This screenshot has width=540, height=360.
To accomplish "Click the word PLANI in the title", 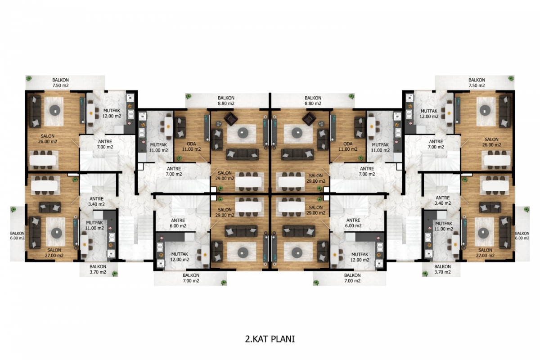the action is click(283, 339).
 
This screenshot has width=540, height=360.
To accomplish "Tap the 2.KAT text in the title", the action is click(257, 339).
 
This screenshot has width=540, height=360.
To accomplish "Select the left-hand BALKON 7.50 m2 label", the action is click(60, 82).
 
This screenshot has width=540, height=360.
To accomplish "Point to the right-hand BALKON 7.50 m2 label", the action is click(477, 82).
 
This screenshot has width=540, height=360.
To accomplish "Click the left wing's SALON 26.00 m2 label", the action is click(48, 139).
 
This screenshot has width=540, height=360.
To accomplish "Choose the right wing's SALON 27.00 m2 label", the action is click(485, 253).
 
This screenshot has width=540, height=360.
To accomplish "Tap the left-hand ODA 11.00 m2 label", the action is click(191, 146).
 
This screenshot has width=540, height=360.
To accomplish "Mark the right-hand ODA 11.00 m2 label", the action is click(347, 146).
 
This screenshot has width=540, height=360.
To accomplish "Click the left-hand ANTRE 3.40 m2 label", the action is click(96, 201).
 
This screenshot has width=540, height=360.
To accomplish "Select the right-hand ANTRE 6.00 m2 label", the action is click(353, 223).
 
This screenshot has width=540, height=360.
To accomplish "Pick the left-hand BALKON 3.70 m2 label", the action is click(98, 269).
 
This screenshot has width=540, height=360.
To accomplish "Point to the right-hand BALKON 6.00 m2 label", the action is click(522, 236).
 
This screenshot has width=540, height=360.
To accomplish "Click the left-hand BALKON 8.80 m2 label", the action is click(226, 100).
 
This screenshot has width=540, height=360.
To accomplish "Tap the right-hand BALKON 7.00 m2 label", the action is click(352, 278).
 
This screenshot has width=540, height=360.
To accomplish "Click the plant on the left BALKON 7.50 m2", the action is click(29, 78).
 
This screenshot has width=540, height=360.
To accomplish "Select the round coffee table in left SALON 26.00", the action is click(55, 110).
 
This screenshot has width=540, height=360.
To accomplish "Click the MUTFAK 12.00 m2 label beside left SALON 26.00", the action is click(112, 113).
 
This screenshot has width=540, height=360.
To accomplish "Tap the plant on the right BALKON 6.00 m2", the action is click(526, 209).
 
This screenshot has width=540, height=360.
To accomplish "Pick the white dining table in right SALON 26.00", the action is click(497, 160).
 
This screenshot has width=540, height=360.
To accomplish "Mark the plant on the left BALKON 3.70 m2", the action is click(115, 274).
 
